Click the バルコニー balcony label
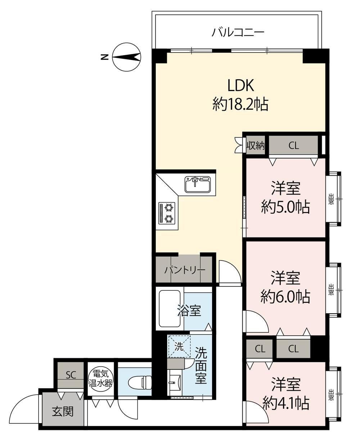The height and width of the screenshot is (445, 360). click(238, 33)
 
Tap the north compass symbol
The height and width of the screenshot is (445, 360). click(126, 57)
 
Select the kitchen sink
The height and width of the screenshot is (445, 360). click(198, 184)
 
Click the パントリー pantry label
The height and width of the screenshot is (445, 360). click(185, 270)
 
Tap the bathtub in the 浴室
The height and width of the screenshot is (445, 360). click(170, 309)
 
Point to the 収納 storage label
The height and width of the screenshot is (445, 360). click(256, 146)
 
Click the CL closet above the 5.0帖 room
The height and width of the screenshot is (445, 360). click(293, 145)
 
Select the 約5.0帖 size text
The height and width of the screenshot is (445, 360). click(285, 207)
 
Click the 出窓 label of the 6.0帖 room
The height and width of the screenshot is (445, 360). click(331, 290)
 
